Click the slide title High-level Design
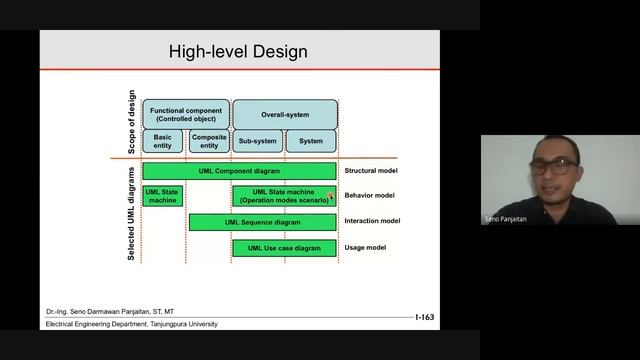pyautogui.click(x=237, y=51)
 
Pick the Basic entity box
pyautogui.click(x=162, y=141)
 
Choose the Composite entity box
pyautogui.click(x=209, y=141)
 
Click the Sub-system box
pyautogui.click(x=257, y=141)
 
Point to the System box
pyautogui.click(x=311, y=141)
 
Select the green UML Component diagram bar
pyautogui.click(x=239, y=171)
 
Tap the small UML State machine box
pyautogui.click(x=162, y=196)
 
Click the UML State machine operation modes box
pyautogui.click(x=284, y=196)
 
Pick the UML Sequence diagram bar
pyautogui.click(x=262, y=222)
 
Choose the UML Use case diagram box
pyautogui.click(x=284, y=247)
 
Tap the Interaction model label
pyautogui.click(x=372, y=222)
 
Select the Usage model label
pyautogui.click(x=364, y=247)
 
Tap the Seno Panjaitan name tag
pyautogui.click(x=506, y=218)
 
